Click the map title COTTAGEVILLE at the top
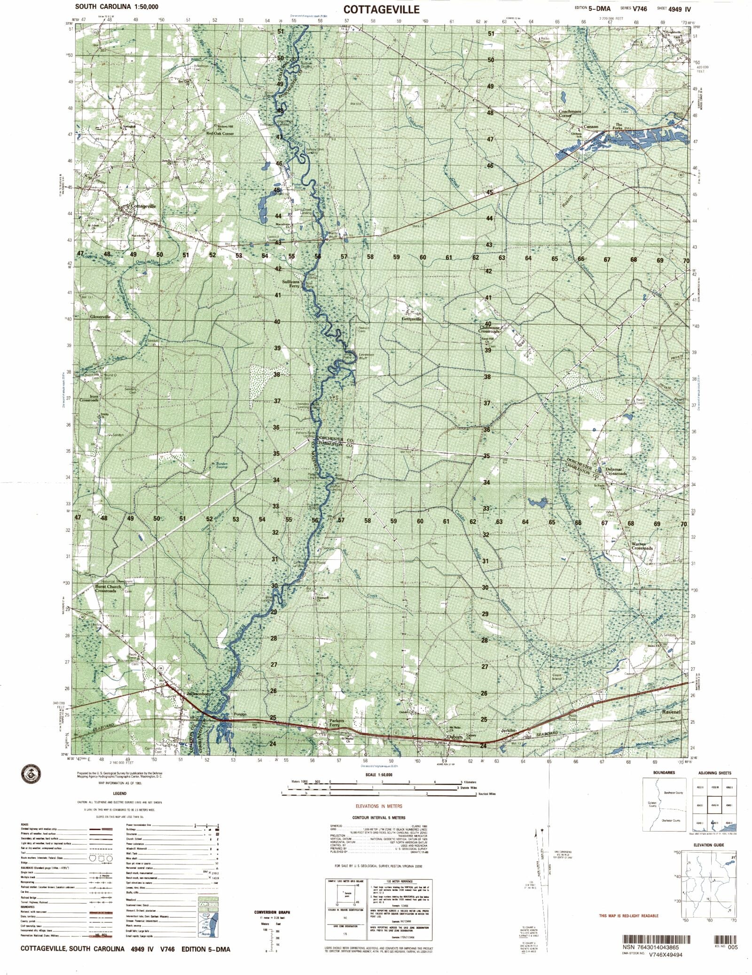(381, 9)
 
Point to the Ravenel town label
(671, 712)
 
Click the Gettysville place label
(412, 319)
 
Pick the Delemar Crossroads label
(616, 471)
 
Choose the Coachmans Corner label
(570, 113)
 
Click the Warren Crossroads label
(642, 546)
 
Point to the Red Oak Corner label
(220, 134)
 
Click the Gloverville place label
(100, 317)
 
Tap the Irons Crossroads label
(89, 398)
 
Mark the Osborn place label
(455, 737)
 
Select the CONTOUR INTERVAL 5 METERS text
(378, 818)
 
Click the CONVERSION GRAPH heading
(272, 912)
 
